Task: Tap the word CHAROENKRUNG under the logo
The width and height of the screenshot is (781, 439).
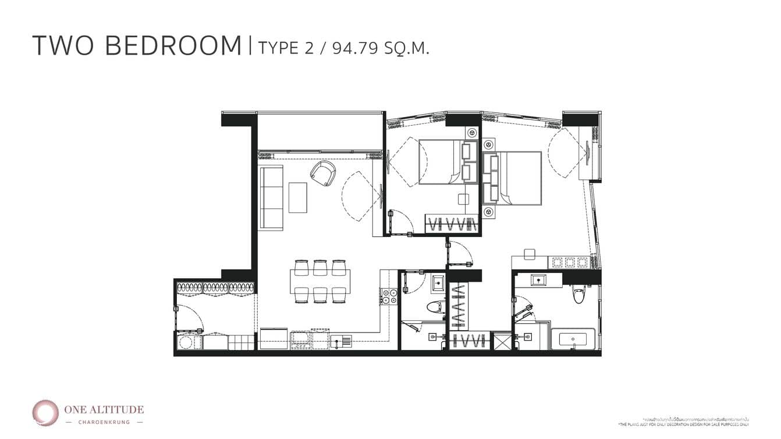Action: click(x=105, y=422)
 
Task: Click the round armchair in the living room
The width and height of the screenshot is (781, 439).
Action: click(x=322, y=173)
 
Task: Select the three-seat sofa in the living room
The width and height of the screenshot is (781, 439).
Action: click(x=271, y=197)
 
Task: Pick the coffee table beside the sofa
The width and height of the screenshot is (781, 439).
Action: click(x=297, y=197)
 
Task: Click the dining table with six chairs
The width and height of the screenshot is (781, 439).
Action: click(x=321, y=281)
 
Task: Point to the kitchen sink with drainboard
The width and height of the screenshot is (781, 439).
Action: click(x=340, y=342)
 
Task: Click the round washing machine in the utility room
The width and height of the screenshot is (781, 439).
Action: click(x=186, y=342)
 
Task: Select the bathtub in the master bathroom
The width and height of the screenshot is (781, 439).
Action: click(x=573, y=339)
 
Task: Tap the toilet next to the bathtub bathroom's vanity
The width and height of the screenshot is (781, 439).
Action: click(x=578, y=293)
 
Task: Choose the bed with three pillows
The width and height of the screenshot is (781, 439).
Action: click(x=513, y=178)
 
